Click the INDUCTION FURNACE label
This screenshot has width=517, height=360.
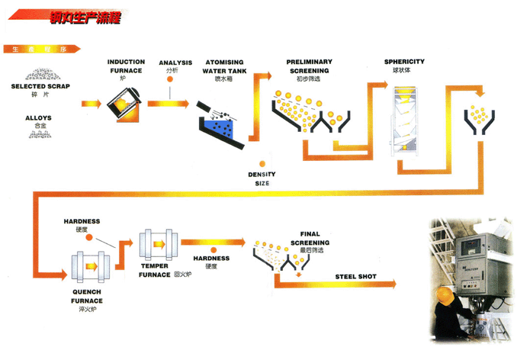(126, 66)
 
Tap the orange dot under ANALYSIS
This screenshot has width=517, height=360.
(169, 80)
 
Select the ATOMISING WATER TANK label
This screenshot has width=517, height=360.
(223, 66)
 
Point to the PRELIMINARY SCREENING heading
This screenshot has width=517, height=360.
(308, 66)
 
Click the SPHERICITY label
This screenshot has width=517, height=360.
(404, 61)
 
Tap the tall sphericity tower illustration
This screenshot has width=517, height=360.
(405, 122)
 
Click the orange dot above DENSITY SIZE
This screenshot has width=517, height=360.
(262, 163)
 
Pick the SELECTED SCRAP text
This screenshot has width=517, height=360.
(40, 86)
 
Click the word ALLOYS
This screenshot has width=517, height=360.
(38, 118)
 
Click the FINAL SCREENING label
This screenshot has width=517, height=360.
(310, 238)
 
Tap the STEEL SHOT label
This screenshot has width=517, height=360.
(356, 275)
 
